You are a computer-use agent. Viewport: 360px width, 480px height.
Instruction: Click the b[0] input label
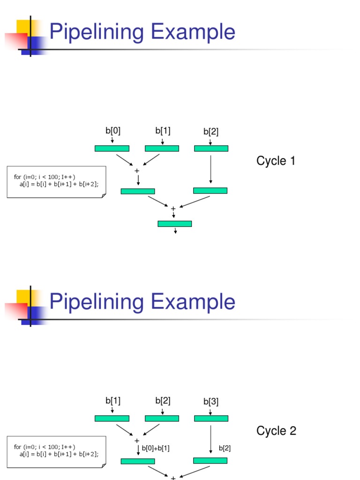pos(112,131)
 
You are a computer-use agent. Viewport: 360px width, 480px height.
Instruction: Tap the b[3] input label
pos(211,402)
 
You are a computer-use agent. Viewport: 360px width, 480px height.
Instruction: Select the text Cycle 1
pos(276,161)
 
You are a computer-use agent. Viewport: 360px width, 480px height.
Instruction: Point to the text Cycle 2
pos(276,431)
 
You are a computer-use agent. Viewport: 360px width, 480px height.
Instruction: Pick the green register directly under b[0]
pos(112,149)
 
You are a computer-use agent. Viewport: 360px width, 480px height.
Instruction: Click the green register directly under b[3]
pos(211,419)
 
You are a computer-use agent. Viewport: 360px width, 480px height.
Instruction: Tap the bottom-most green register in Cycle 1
pos(174,224)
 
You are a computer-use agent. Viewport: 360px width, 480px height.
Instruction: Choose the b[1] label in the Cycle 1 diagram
pos(163,130)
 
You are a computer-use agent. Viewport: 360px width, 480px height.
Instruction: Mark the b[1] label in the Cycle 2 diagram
pos(112,401)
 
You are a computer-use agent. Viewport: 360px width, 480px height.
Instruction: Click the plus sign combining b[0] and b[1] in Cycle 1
pos(137,171)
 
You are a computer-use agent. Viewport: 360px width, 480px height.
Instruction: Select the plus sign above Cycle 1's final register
pos(173,209)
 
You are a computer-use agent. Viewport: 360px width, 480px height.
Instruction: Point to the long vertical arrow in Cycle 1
pos(211,169)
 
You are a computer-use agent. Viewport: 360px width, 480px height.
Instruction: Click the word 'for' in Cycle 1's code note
pos(17,177)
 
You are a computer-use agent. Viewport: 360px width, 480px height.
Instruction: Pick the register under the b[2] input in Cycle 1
pos(211,149)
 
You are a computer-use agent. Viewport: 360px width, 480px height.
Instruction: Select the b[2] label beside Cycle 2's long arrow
pos(225,449)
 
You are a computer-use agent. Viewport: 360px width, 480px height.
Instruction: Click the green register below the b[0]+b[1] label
pos(137,461)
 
